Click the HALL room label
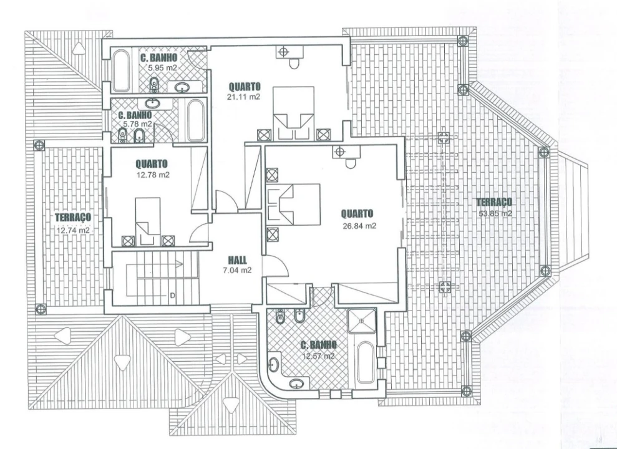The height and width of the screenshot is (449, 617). click(237, 260)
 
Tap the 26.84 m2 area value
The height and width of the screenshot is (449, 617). click(359, 226)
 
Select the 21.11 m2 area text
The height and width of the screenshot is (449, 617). click(243, 97)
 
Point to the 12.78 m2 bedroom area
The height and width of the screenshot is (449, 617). click(153, 175)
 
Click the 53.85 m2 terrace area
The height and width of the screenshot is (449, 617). click(495, 213)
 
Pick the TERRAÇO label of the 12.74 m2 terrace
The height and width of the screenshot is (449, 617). click(73, 217)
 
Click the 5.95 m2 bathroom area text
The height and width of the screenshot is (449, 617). click(162, 67)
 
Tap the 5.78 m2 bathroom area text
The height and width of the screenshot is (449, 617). click(137, 124)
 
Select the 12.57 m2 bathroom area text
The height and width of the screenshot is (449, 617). click(318, 356)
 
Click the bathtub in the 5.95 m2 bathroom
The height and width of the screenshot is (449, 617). click(121, 70)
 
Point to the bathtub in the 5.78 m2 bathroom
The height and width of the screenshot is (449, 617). click(195, 120)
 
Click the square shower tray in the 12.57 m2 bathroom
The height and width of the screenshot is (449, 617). click(362, 321)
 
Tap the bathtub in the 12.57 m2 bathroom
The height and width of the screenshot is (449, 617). click(366, 362)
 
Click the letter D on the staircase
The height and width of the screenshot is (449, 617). click(172, 295)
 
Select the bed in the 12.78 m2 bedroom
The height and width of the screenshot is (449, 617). click(148, 221)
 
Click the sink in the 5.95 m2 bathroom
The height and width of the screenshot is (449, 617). click(182, 87)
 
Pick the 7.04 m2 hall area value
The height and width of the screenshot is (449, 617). click(237, 270)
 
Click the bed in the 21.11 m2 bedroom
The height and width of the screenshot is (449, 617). click(294, 113)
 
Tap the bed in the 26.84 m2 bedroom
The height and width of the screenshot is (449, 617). click(294, 204)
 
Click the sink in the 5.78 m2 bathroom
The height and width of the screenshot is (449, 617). click(152, 104)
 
